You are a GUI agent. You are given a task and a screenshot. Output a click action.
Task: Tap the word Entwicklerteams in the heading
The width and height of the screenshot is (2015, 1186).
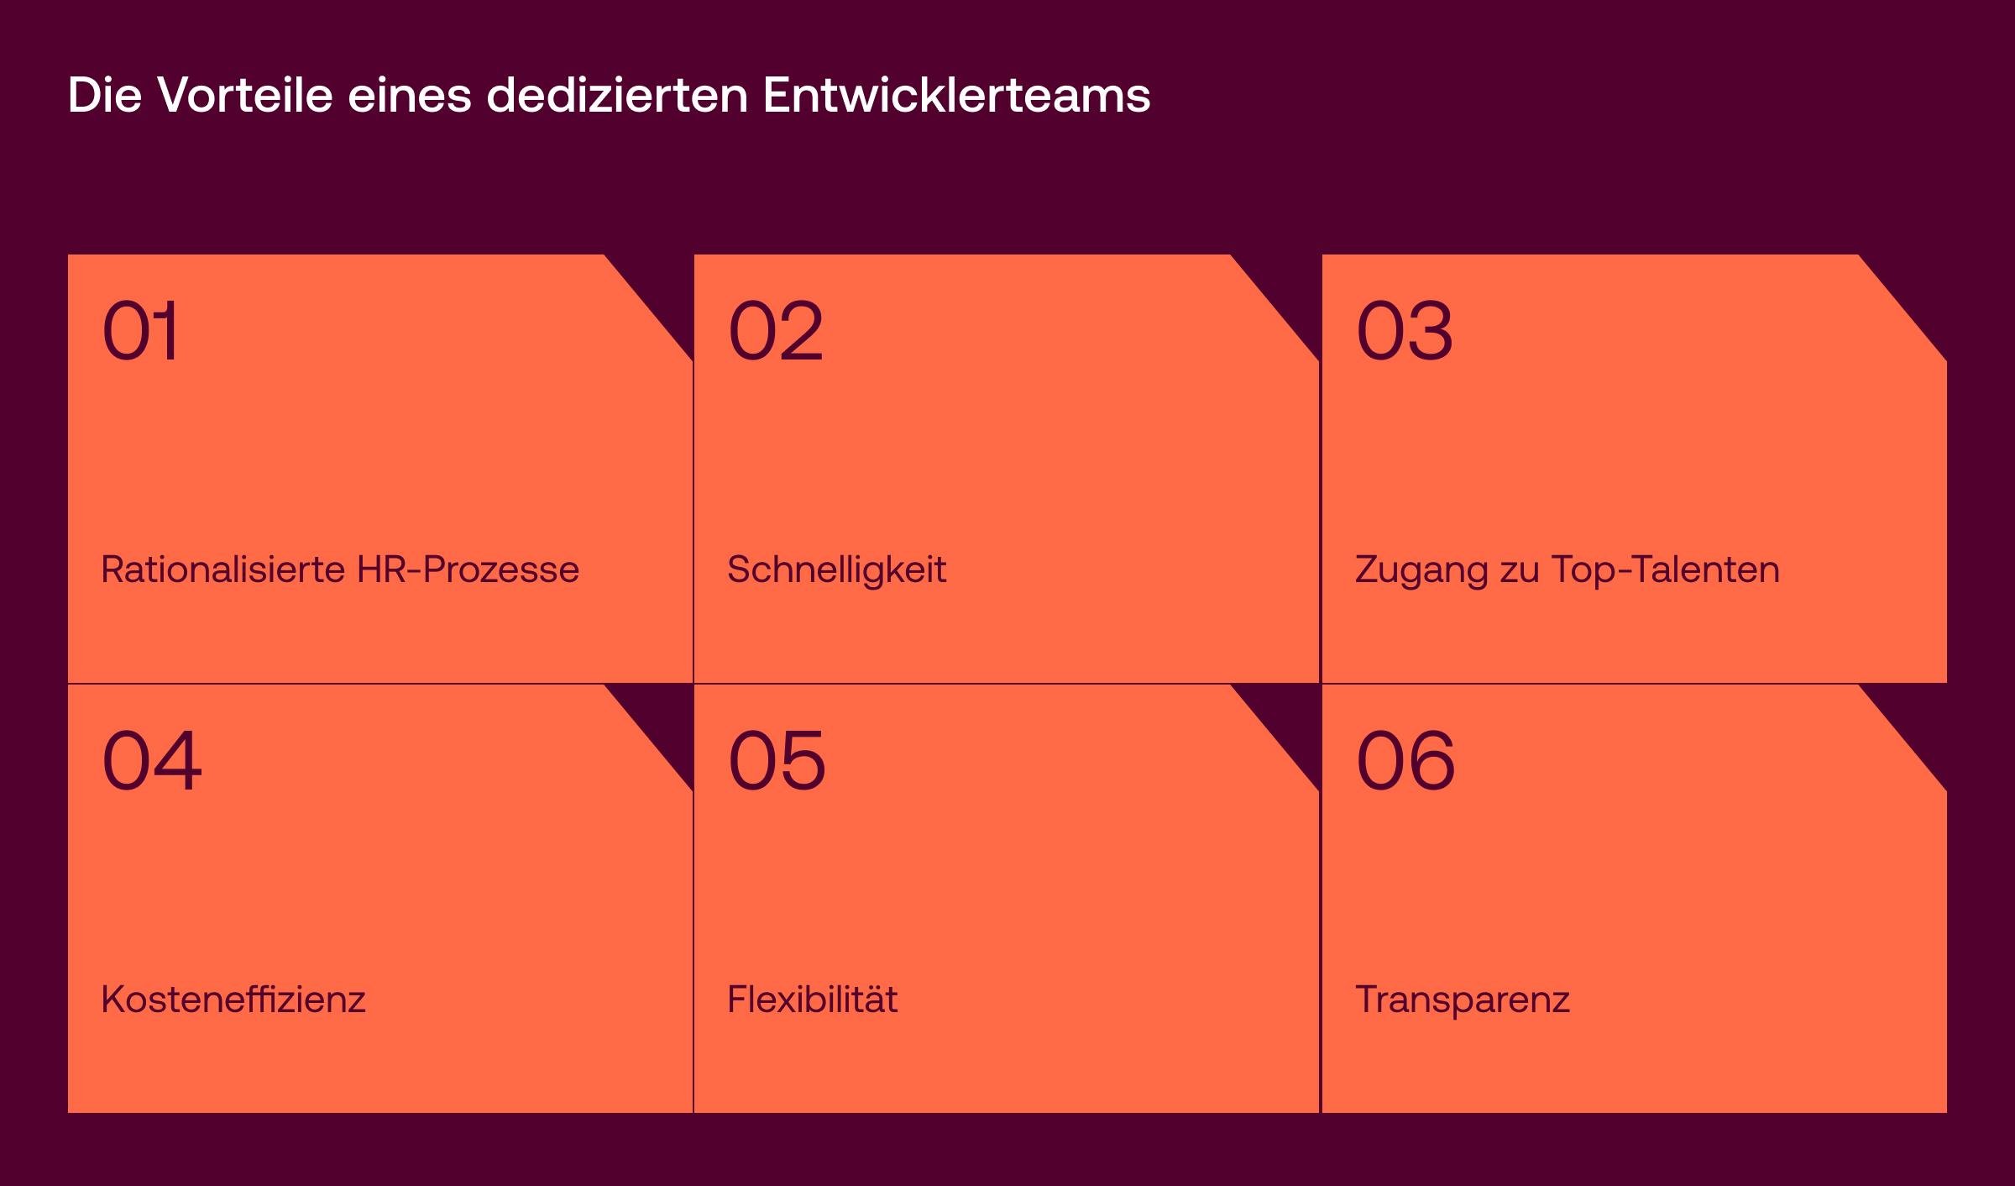click(x=956, y=95)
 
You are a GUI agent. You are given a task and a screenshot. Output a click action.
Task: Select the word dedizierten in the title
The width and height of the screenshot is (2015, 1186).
click(x=617, y=95)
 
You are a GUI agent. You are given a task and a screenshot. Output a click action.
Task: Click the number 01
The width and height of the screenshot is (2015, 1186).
click(x=141, y=331)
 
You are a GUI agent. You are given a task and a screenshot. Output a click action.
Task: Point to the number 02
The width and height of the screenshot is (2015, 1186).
click(x=776, y=331)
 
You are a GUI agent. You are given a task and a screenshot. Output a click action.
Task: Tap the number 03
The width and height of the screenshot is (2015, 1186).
click(x=1404, y=331)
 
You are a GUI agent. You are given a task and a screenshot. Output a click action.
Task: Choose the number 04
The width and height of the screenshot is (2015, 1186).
click(x=152, y=761)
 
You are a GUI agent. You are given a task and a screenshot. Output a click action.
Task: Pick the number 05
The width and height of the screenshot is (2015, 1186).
click(x=777, y=761)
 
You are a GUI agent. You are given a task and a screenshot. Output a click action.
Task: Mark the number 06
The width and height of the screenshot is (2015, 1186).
click(x=1405, y=761)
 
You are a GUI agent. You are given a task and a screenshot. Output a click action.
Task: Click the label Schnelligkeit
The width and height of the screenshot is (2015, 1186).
click(x=837, y=570)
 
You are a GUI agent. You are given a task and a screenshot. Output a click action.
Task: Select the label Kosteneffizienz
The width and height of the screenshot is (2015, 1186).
click(x=233, y=1000)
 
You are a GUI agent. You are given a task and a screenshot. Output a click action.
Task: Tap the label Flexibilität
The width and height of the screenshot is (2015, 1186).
click(x=813, y=1000)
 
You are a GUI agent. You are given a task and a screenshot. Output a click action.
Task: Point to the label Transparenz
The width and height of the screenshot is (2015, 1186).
click(x=1463, y=1000)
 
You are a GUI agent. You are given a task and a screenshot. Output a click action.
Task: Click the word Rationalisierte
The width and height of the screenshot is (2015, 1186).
click(x=223, y=570)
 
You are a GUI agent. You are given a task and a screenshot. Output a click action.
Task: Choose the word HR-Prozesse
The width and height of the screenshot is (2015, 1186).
click(x=468, y=570)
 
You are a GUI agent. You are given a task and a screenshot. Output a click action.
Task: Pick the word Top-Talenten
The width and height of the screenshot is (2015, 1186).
click(x=1665, y=570)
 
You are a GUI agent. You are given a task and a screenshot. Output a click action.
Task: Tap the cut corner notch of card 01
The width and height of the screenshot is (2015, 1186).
click(x=663, y=286)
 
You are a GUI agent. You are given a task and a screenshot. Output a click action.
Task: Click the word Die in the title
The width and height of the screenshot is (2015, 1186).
click(x=104, y=95)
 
